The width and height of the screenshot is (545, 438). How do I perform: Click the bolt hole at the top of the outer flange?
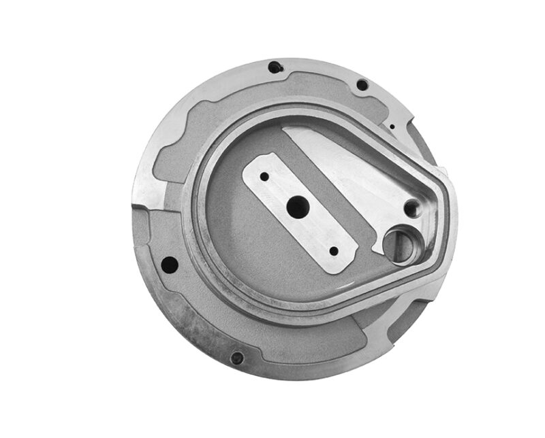click(x=275, y=67)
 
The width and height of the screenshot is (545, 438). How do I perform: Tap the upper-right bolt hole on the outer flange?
click(x=362, y=85)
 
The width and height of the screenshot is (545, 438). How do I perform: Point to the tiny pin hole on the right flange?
click(x=392, y=125)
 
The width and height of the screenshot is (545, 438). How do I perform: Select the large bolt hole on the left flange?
click(x=170, y=264)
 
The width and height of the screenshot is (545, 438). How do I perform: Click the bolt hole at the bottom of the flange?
click(x=236, y=358)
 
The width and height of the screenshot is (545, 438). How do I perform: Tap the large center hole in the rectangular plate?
click(x=297, y=209)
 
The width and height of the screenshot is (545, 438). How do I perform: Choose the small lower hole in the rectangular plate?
click(x=333, y=251)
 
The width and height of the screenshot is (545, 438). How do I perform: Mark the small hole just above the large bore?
click(x=411, y=207)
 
